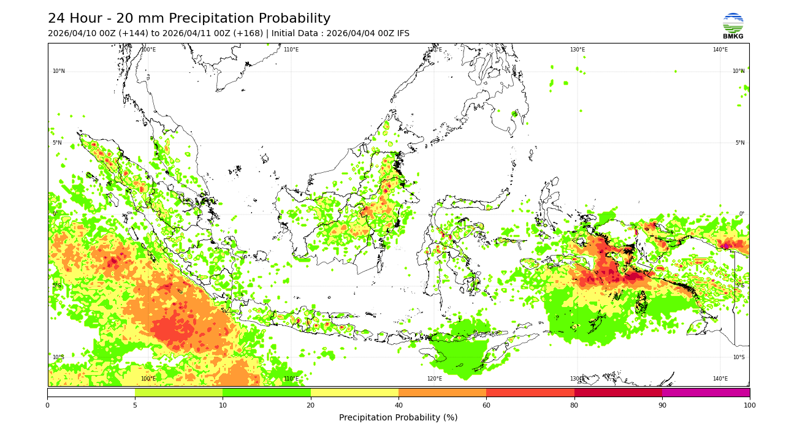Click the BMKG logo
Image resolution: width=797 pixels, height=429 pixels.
click(x=733, y=26)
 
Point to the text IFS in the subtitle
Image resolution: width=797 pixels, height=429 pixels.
click(x=402, y=34)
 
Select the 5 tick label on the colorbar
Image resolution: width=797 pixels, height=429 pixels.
click(x=135, y=405)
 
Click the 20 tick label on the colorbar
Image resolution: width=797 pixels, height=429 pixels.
click(x=311, y=405)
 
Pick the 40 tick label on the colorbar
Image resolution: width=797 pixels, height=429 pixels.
click(x=398, y=405)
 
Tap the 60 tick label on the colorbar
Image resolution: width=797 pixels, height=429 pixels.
click(x=486, y=405)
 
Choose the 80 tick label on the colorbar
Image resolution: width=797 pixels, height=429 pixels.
click(x=574, y=405)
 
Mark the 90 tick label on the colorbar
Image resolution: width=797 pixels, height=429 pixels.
click(x=662, y=405)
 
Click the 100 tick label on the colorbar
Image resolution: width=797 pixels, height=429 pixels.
click(x=749, y=405)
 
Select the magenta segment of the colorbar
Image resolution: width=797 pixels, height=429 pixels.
click(x=706, y=392)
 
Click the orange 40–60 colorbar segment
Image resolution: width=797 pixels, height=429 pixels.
click(x=442, y=392)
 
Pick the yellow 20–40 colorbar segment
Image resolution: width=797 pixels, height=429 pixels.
click(x=354, y=392)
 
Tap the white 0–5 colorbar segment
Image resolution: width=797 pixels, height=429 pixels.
click(x=91, y=392)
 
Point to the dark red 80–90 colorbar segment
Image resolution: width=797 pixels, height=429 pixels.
click(x=618, y=392)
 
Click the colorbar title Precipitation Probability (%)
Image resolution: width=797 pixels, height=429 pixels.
click(x=398, y=418)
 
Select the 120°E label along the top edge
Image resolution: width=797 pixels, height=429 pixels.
click(x=434, y=50)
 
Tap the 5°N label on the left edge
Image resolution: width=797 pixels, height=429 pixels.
click(x=57, y=143)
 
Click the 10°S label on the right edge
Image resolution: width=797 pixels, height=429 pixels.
click(x=738, y=357)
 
